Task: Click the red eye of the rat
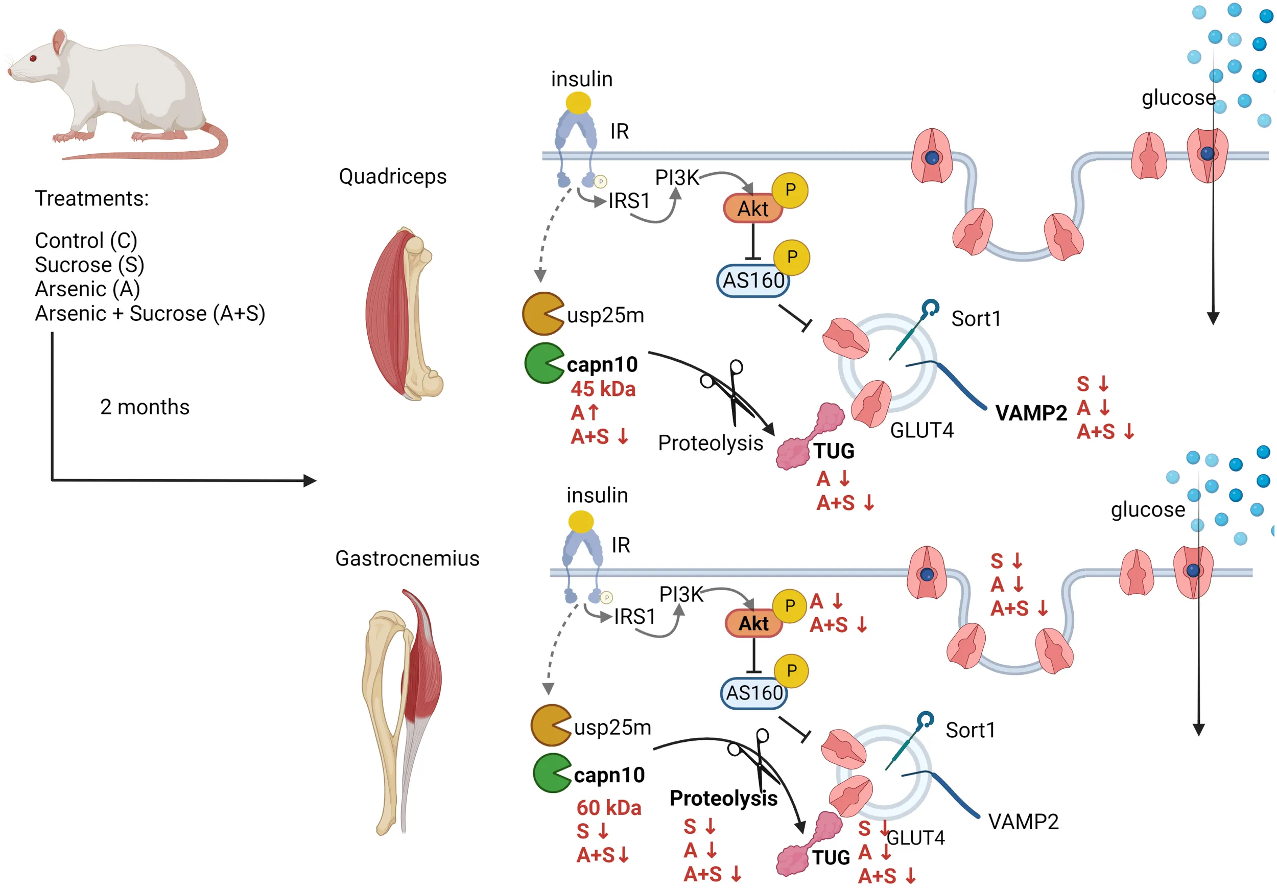(33, 58)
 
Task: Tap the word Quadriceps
(393, 176)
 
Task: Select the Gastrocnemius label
(407, 558)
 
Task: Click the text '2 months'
(145, 407)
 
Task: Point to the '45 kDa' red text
(603, 389)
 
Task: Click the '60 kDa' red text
(609, 807)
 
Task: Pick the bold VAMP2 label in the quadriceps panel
(1031, 413)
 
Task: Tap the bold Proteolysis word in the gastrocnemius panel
(723, 798)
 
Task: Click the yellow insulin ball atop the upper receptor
(578, 103)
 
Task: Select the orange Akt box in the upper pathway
(752, 208)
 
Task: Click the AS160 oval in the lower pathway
(754, 693)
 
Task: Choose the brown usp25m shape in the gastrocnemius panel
(550, 725)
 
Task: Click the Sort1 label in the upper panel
(976, 319)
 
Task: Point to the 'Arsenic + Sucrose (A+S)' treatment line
(150, 313)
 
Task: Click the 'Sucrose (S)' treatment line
(89, 265)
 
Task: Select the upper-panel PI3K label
(677, 177)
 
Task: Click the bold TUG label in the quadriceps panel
(834, 451)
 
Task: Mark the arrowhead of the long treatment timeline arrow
(311, 481)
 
